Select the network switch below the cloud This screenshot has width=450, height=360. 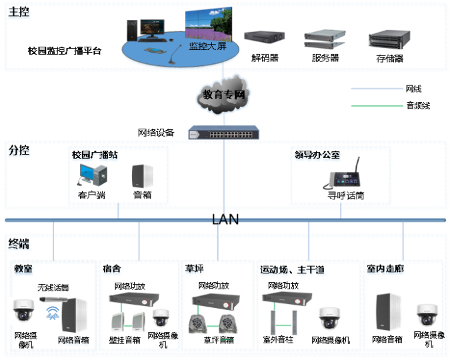(223, 133)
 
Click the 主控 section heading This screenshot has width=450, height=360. (19, 13)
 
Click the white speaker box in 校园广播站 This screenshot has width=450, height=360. (142, 175)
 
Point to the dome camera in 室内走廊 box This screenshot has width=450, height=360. (427, 315)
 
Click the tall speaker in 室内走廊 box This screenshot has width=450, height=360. (387, 313)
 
